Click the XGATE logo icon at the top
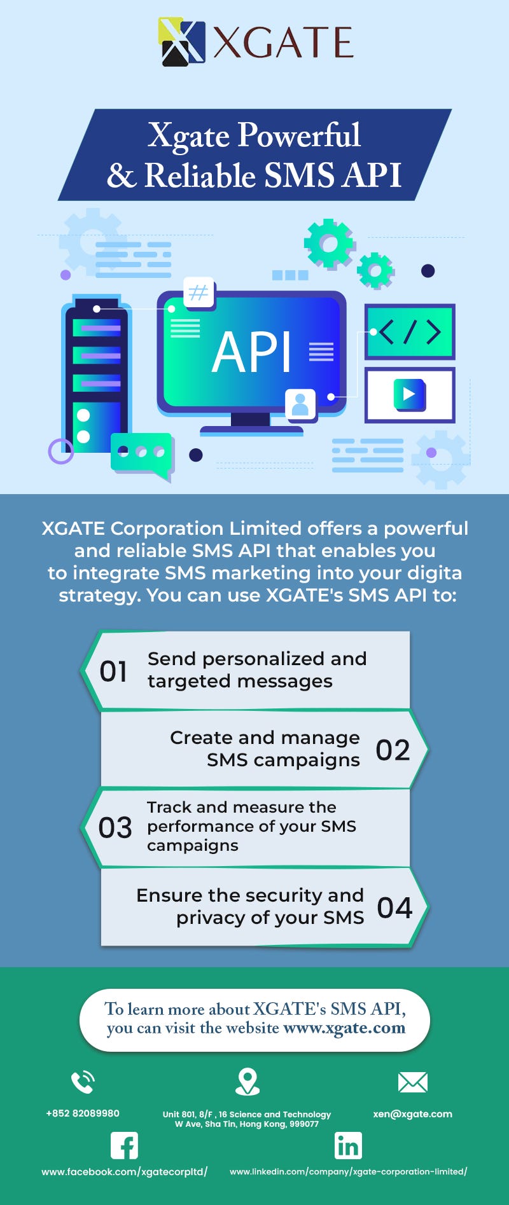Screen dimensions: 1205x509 (x=181, y=42)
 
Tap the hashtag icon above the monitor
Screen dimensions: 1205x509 (x=199, y=293)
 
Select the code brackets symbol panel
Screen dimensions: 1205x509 (x=410, y=332)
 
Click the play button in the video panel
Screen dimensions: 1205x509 (x=409, y=394)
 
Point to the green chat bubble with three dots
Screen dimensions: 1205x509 (x=142, y=453)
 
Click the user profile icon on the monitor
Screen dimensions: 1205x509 (x=300, y=404)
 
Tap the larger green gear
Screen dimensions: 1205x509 (x=328, y=243)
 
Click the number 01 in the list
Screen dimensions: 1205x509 (x=113, y=671)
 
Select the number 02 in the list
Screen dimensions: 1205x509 (x=393, y=750)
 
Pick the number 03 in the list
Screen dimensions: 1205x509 (x=115, y=827)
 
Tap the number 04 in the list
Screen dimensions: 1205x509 (x=394, y=907)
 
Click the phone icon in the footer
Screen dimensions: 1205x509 (x=83, y=1082)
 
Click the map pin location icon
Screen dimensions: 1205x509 (x=248, y=1081)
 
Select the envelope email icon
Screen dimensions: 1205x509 (x=412, y=1082)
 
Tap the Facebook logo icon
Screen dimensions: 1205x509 (x=124, y=1146)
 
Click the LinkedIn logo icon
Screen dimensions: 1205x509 (x=348, y=1146)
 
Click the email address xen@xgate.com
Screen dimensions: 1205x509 (x=412, y=1113)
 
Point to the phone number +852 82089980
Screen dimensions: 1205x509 (x=83, y=1113)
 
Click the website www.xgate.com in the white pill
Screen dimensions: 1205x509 (x=344, y=1028)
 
